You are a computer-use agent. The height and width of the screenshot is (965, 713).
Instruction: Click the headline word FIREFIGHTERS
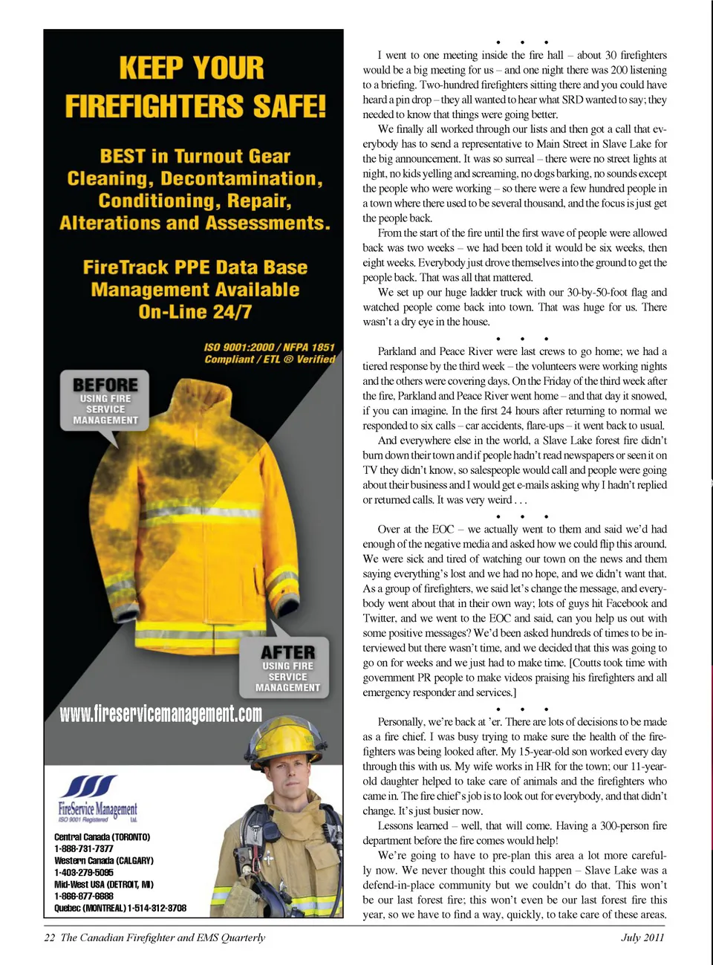click(x=195, y=106)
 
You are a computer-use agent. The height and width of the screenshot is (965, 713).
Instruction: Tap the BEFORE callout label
click(x=105, y=386)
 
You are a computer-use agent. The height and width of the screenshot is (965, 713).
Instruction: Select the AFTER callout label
click(x=287, y=652)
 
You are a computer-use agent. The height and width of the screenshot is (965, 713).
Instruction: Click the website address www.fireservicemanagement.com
click(x=161, y=714)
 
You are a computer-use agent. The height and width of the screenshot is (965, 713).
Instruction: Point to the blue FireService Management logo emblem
click(x=89, y=786)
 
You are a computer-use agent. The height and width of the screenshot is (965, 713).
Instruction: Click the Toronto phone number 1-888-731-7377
click(x=84, y=848)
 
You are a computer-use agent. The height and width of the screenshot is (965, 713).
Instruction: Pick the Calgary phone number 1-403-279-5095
click(x=84, y=872)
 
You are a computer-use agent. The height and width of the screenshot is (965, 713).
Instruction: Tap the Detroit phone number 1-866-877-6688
click(x=84, y=896)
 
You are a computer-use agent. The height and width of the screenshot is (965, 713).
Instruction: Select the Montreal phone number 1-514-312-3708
click(x=157, y=908)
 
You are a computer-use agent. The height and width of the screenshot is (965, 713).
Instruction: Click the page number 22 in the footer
click(x=50, y=938)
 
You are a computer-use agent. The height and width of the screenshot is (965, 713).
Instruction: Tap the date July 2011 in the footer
click(x=642, y=938)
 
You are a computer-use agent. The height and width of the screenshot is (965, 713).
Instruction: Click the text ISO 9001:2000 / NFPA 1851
click(x=270, y=347)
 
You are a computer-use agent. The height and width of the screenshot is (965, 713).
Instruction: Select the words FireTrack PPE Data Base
click(x=195, y=267)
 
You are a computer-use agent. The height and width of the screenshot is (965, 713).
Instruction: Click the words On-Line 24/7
click(x=195, y=312)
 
